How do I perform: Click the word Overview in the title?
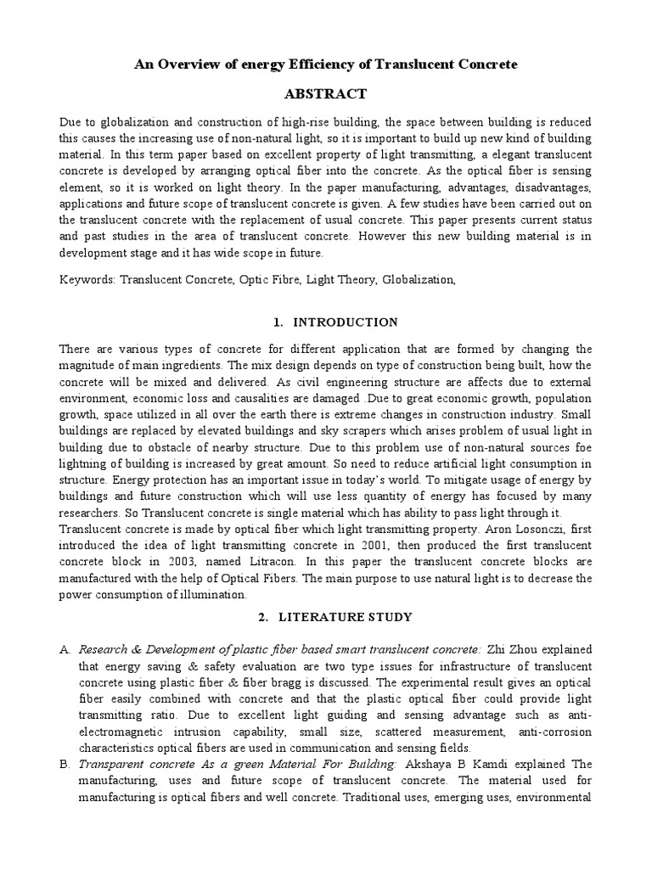(189, 64)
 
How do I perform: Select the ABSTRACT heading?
(326, 93)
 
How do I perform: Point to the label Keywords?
(87, 278)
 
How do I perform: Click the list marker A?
(65, 649)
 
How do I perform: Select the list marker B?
(65, 765)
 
